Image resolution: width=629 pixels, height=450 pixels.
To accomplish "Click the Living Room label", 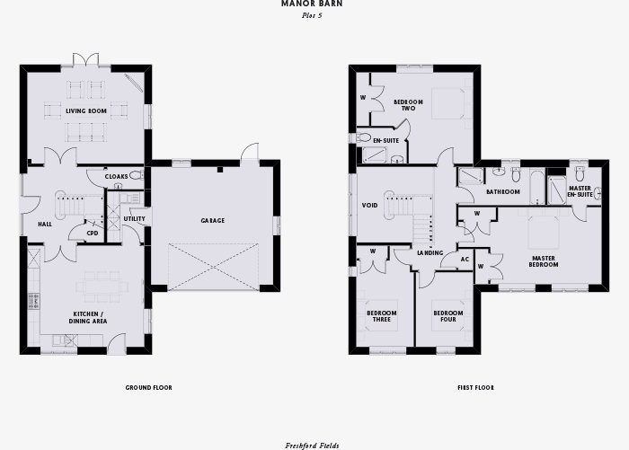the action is coord(86,111).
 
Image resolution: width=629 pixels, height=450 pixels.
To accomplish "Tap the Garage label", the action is coord(213,221).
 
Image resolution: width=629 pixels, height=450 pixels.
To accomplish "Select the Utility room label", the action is coord(135,218).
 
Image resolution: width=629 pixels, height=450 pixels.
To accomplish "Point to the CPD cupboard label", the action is coord(93,233).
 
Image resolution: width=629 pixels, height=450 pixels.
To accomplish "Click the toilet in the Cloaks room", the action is coord(137,175).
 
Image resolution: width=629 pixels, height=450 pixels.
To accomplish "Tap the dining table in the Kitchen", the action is coord(102,287).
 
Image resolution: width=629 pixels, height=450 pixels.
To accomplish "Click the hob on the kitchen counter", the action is coord(34,301).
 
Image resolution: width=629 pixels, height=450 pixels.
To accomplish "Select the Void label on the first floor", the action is coord(369,206).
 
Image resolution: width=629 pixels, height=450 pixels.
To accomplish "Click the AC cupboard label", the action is coord(465,260).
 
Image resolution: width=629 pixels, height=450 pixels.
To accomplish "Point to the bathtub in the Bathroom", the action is coord(537,188).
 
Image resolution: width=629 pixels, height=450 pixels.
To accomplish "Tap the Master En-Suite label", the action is coord(580,191).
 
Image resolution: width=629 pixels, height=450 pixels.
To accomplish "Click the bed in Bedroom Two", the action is coord(448,103).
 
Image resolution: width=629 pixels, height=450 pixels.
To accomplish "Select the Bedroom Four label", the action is coord(448,316).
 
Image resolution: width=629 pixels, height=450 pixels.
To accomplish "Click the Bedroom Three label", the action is coord(382,316).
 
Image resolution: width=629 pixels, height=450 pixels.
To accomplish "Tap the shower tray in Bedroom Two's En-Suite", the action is coord(375,155).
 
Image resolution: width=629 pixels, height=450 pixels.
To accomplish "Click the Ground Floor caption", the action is coord(149,388).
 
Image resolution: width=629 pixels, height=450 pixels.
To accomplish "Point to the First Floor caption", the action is coord(475,388).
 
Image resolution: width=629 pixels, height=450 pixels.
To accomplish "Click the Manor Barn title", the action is coord(312,4).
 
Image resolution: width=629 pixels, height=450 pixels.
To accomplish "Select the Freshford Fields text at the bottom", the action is coord(312,446).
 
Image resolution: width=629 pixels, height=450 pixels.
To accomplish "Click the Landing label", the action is coord(430,253).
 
